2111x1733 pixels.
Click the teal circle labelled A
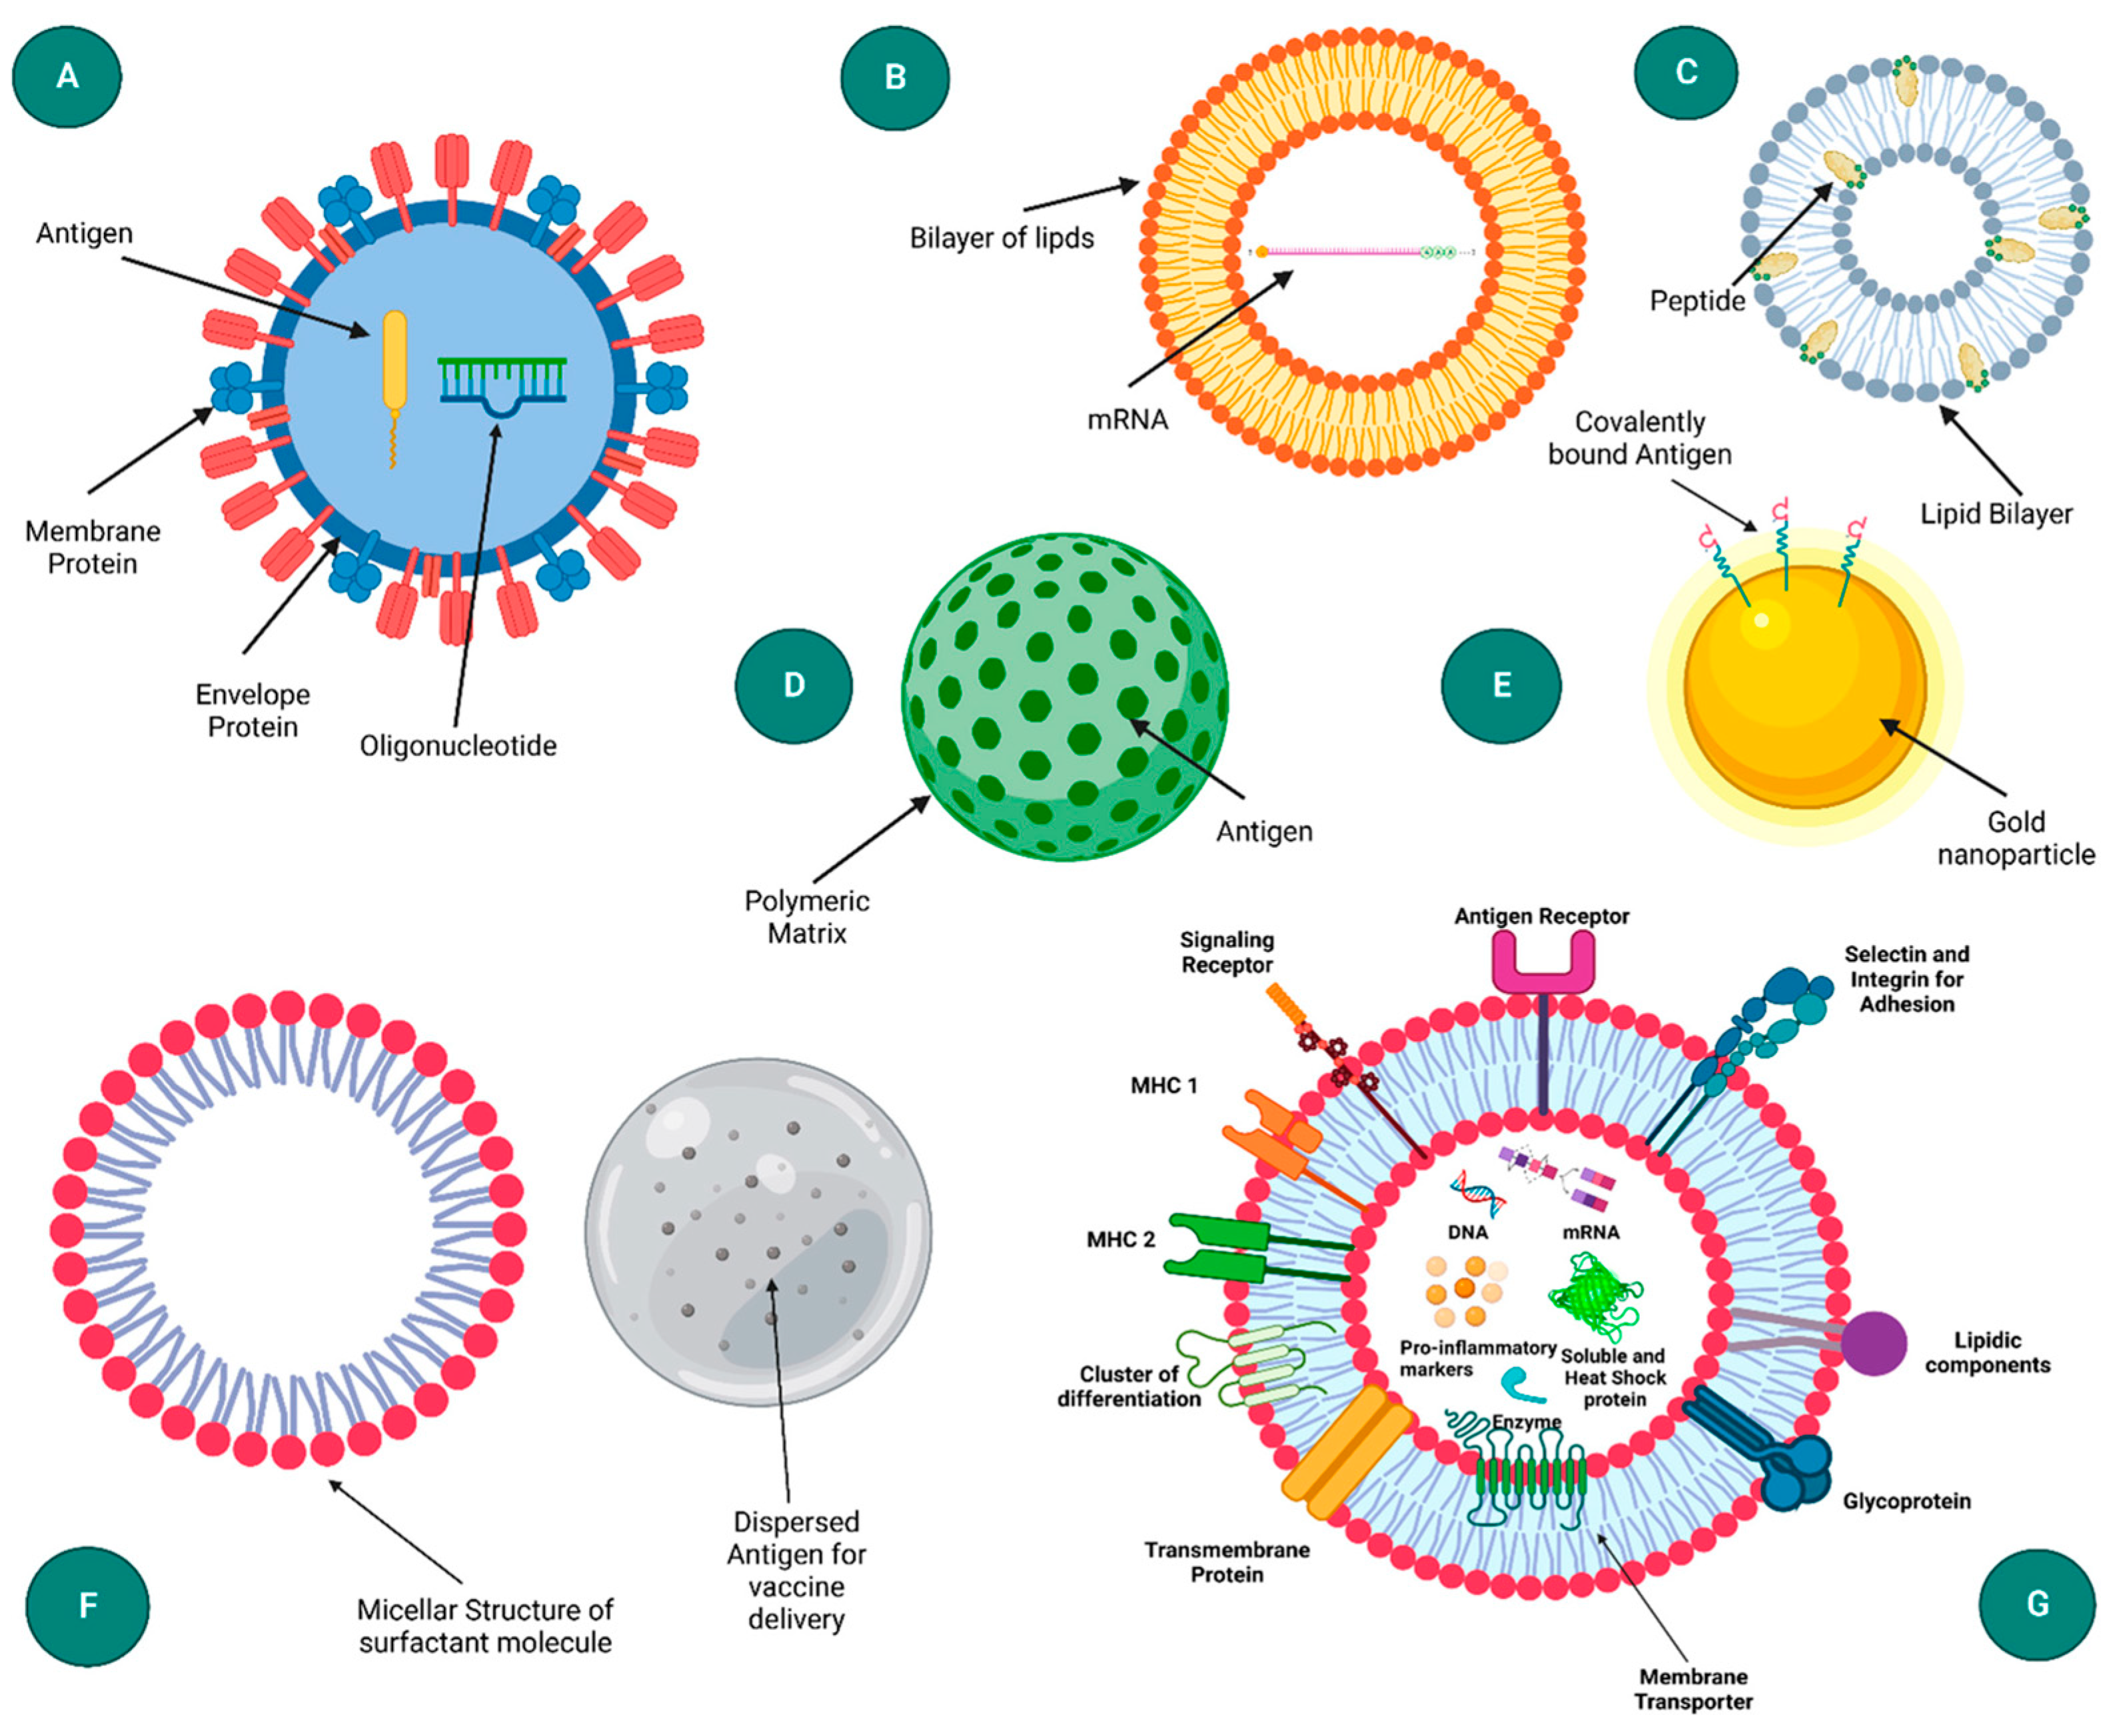67,76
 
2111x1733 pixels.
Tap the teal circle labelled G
2037,1604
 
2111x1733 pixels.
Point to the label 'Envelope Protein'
253,711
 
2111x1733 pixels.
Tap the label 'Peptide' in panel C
1697,301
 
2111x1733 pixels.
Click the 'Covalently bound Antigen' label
1639,438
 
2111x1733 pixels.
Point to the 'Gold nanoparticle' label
2015,838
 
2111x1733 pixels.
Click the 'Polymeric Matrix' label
806,916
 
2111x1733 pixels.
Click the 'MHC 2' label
1120,1240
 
